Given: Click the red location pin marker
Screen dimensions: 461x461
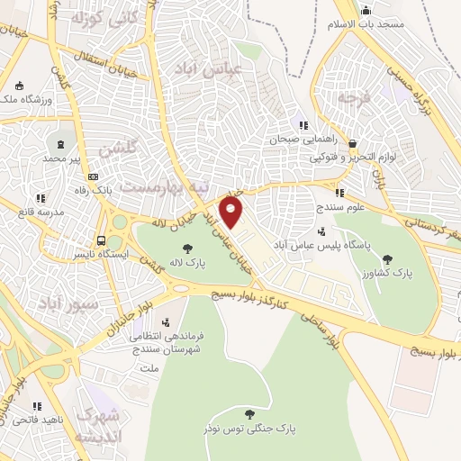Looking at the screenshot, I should coord(232,212).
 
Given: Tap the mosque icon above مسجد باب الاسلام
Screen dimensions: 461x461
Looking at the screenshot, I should coord(366,12).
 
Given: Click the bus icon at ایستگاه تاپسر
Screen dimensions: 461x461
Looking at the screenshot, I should coord(103,241).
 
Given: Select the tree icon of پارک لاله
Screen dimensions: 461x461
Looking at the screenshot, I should coord(187,248).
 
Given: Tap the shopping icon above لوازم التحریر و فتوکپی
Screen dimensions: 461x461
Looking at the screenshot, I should coord(353,143).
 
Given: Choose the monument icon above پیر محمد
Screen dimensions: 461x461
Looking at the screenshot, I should coord(61,144).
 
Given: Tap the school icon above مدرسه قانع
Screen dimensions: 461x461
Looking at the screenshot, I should coord(40,198).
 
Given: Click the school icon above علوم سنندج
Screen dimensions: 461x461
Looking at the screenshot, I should coord(339,192).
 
